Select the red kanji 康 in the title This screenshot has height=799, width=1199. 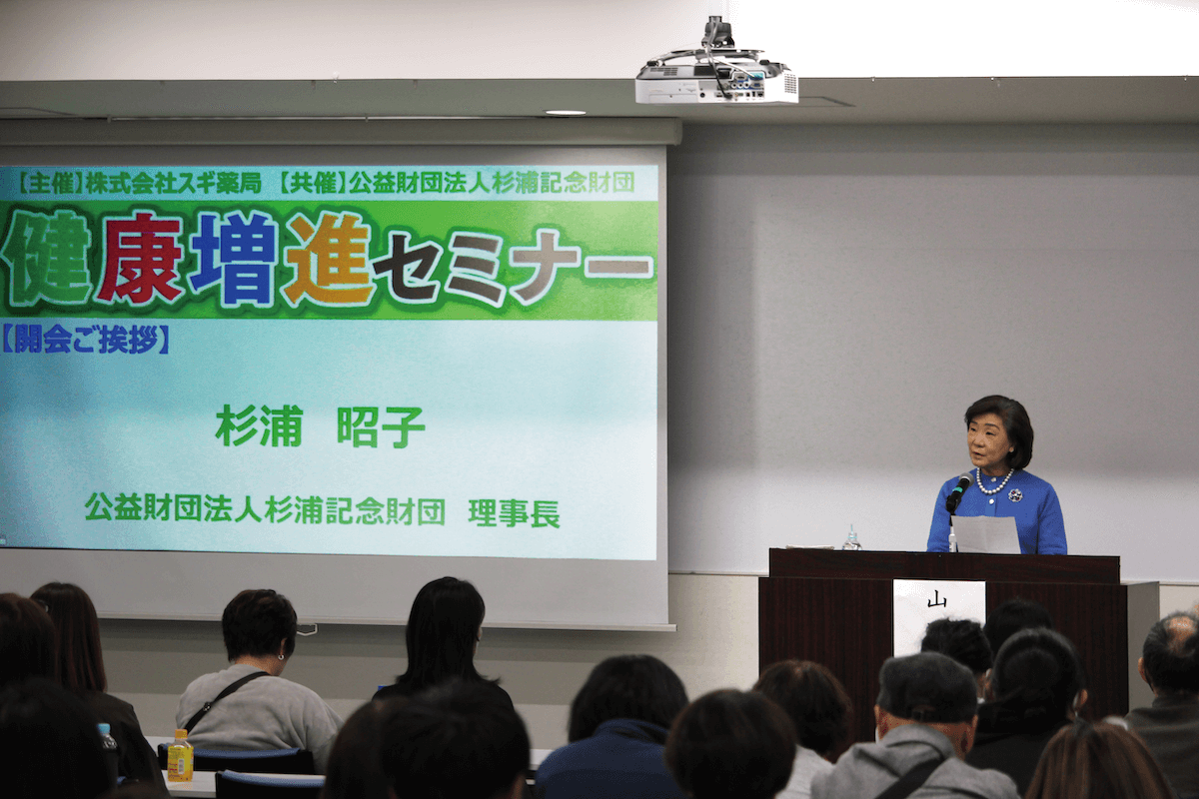click(139, 258)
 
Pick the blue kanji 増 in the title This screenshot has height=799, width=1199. click(233, 258)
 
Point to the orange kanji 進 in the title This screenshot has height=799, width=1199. click(327, 258)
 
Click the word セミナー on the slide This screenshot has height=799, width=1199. click(516, 267)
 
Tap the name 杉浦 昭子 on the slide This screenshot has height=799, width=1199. click(320, 426)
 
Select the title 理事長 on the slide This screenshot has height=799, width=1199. click(514, 512)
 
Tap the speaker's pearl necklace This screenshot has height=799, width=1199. click(993, 484)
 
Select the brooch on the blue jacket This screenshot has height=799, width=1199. click(1014, 494)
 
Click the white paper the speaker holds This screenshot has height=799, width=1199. click(985, 534)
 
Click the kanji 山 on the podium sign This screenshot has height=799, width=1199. click(936, 599)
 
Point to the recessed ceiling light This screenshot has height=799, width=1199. click(565, 113)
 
